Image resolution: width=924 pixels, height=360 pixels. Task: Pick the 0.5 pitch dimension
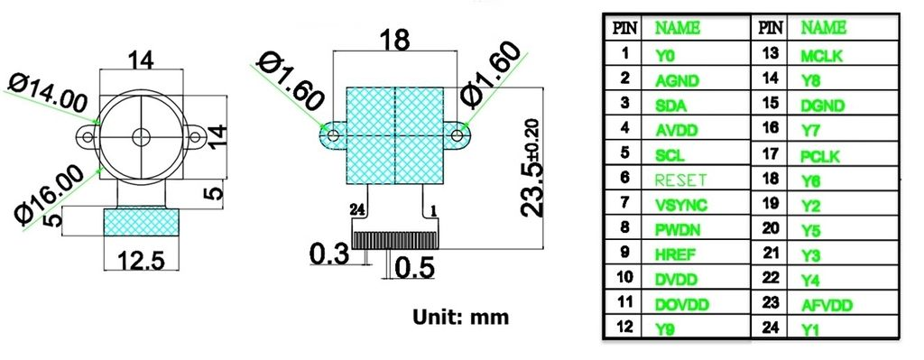416,268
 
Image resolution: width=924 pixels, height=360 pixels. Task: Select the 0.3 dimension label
330,254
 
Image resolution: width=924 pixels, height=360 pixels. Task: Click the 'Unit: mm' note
460,317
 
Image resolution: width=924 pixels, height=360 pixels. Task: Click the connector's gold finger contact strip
396,240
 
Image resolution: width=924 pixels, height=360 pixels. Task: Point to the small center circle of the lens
141,137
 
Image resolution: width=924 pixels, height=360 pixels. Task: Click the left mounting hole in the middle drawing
334,136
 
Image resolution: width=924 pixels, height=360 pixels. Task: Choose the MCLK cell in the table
821,54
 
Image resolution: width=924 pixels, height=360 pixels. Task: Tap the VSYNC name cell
676,205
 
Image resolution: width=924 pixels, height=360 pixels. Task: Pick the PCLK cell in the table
820,155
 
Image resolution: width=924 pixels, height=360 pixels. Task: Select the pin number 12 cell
624,328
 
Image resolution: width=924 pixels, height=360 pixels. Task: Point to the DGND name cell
821,105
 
